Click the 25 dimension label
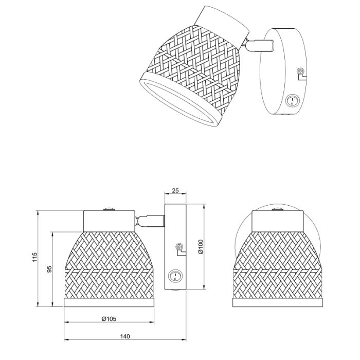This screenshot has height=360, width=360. tap(175, 190)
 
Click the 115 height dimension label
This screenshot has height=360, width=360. tap(34, 257)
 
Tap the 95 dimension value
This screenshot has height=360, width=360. tap(50, 269)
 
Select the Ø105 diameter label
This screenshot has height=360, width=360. tap(109, 319)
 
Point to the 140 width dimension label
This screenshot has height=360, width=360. tap(125, 336)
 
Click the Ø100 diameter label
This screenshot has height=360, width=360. tap(201, 246)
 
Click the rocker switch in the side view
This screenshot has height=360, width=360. tap(175, 276)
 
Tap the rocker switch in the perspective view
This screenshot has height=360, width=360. tap(292, 100)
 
